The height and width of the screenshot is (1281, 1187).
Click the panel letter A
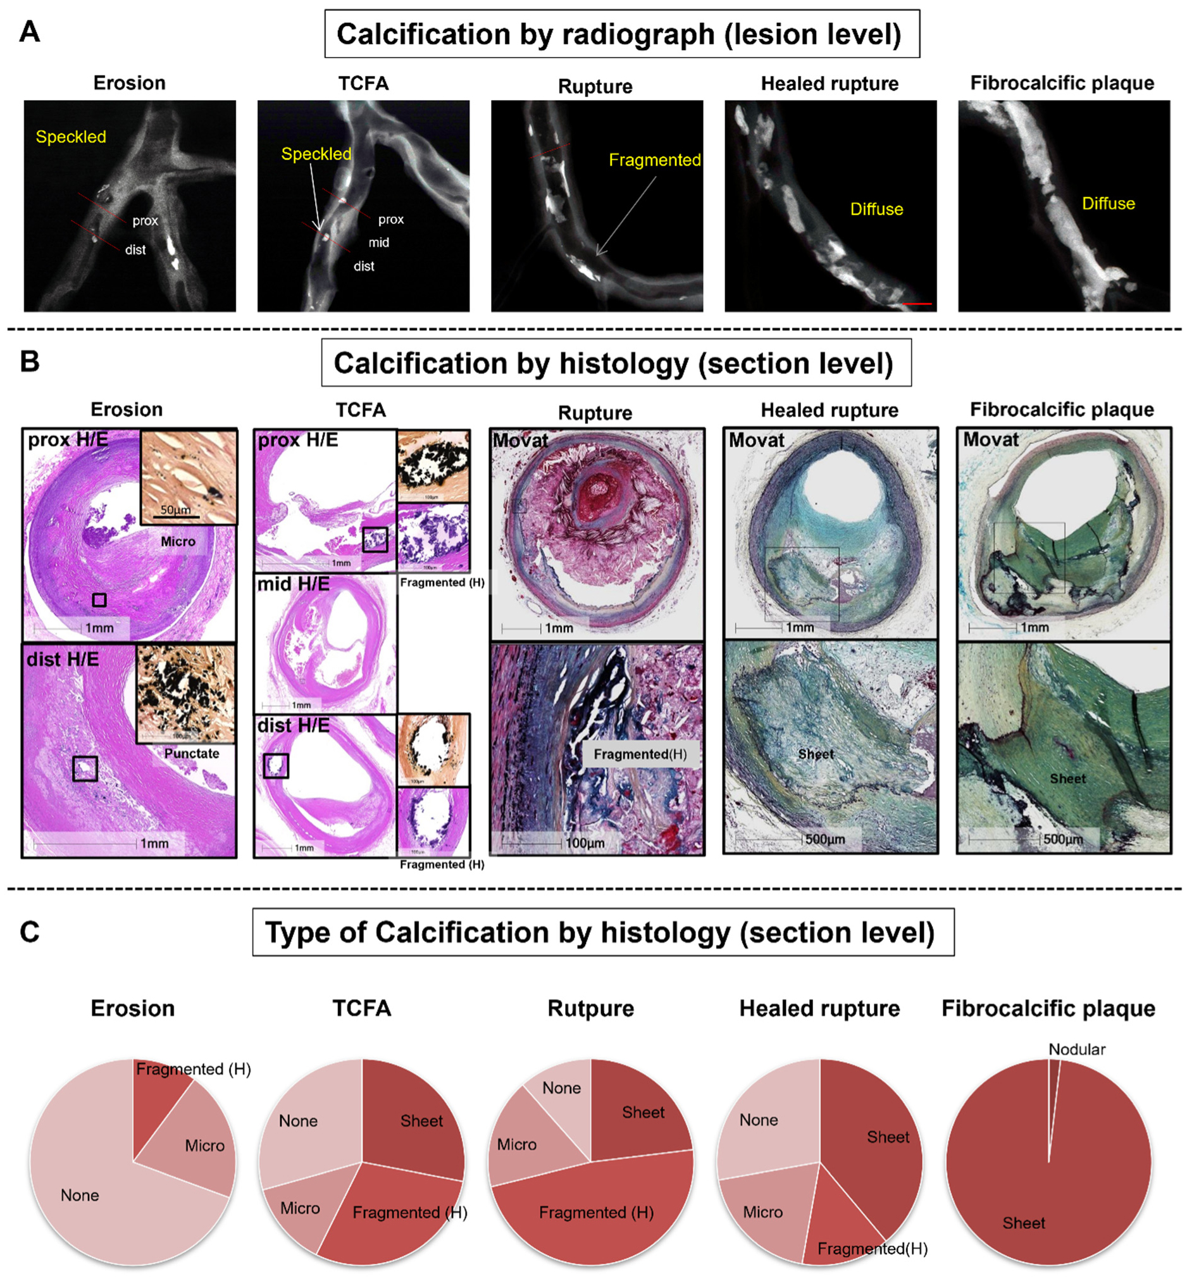point(30,32)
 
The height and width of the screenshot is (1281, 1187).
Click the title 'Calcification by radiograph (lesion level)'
point(621,34)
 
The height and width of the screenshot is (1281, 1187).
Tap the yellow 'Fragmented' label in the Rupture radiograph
point(654,160)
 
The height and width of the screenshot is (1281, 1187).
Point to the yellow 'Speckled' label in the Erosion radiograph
point(71,137)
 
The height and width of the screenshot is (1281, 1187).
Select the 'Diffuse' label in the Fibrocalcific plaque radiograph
point(1108,204)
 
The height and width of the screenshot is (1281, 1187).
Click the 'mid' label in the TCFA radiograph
point(378,243)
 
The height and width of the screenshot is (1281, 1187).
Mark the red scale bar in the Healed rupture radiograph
point(917,303)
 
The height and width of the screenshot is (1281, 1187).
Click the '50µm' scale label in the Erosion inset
point(175,510)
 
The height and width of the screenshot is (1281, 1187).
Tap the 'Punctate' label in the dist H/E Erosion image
point(192,753)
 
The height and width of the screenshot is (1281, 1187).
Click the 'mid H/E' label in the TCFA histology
point(293,584)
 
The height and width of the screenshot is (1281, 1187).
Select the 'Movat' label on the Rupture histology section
point(520,441)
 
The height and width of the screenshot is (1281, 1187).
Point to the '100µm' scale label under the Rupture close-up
point(585,842)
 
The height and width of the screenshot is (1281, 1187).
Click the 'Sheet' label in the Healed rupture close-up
point(816,754)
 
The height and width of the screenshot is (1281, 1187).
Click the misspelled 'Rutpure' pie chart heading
point(590,1008)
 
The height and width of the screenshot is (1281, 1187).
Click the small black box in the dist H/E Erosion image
point(85,768)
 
